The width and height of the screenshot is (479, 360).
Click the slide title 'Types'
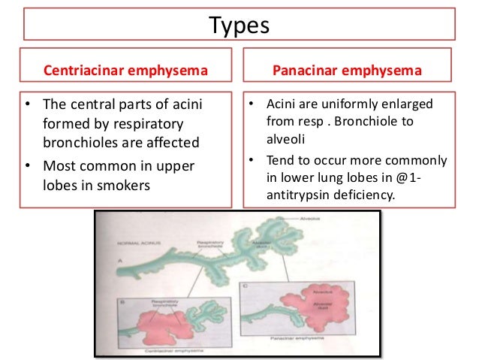tap(239, 27)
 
